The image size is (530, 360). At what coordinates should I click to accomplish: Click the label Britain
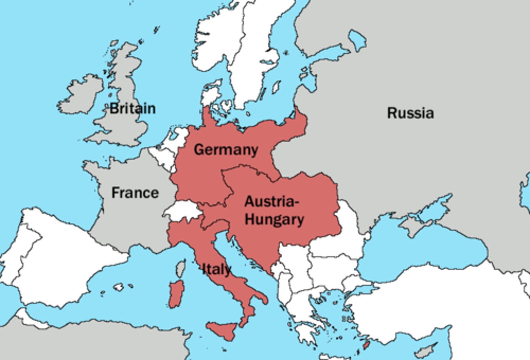[x=132, y=108]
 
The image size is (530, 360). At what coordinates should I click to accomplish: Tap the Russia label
[x=410, y=113]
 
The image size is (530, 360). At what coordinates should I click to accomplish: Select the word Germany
[x=226, y=150]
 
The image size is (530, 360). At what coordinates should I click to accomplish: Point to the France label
[x=135, y=193]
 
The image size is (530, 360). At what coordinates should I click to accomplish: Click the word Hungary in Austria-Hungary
[x=274, y=219]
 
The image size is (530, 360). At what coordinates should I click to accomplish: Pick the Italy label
[x=217, y=269]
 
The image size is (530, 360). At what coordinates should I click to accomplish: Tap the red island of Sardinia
[x=176, y=294]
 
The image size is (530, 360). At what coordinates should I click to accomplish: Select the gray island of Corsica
[x=180, y=268]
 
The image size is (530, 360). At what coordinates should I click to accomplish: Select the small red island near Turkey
[x=366, y=345]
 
